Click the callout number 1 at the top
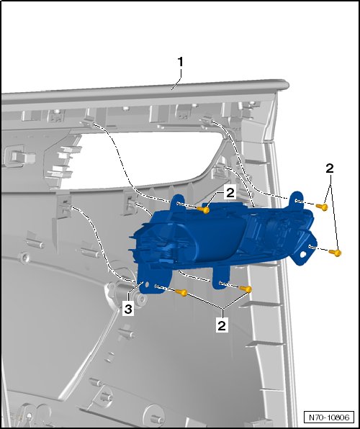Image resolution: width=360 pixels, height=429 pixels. pyautogui.click(x=180, y=62)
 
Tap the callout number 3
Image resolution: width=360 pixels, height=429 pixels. pyautogui.click(x=128, y=310)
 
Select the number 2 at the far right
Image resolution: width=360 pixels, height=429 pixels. pyautogui.click(x=330, y=168)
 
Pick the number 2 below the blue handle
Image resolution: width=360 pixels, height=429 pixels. pyautogui.click(x=222, y=325)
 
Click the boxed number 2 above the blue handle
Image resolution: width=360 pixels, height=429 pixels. pyautogui.click(x=230, y=193)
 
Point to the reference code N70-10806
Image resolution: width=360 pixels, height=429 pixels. pyautogui.click(x=329, y=417)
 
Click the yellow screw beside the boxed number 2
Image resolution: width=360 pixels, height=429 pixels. pyautogui.click(x=204, y=210)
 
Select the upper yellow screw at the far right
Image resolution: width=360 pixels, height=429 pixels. pyautogui.click(x=322, y=207)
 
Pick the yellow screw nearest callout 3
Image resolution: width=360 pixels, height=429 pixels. pyautogui.click(x=181, y=293)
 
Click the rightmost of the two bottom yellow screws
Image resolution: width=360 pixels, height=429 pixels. pyautogui.click(x=246, y=289)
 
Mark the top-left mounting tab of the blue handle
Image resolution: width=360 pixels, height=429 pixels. pyautogui.click(x=179, y=202)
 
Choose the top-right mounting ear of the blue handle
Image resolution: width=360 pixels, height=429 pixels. pyautogui.click(x=297, y=200)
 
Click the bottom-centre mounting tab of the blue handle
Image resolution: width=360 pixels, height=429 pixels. pyautogui.click(x=221, y=279)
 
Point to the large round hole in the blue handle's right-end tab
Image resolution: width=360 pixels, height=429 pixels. pyautogui.click(x=302, y=255)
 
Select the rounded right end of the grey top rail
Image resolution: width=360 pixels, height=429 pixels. pyautogui.click(x=284, y=84)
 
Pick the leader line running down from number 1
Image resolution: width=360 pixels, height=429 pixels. pyautogui.click(x=177, y=78)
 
